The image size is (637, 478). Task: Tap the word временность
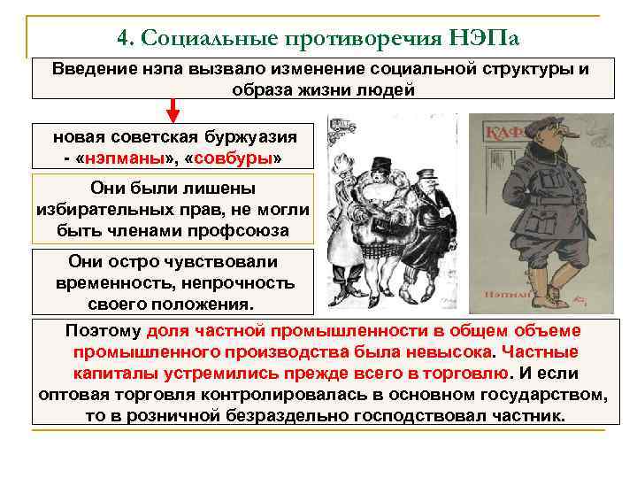pyautogui.click(x=115, y=283)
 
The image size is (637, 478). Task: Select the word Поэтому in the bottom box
pyautogui.click(x=104, y=331)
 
